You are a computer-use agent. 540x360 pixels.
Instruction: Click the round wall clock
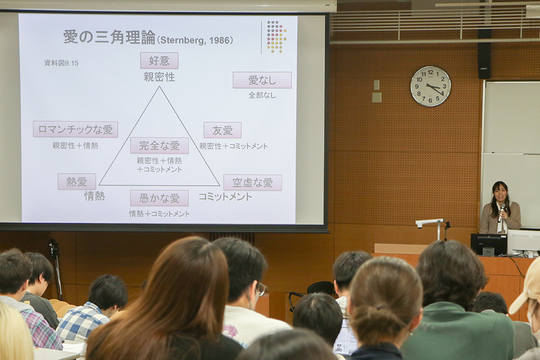tap(430, 86)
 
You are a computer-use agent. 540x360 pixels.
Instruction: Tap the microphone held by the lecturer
tap(501, 213)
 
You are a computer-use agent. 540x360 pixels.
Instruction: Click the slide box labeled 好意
tap(159, 61)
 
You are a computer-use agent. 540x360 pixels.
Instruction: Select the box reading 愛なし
tap(262, 80)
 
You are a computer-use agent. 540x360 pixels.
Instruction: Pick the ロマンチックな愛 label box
tap(75, 129)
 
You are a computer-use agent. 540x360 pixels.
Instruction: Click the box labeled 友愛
tap(223, 130)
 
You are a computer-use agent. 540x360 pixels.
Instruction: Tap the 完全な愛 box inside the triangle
tap(159, 145)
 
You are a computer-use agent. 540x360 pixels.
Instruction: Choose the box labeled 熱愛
tap(77, 182)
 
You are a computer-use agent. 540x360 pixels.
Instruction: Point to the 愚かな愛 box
tap(159, 198)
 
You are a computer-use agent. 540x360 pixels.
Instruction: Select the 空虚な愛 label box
tap(253, 183)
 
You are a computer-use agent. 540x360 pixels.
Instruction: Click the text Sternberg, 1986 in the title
tap(195, 40)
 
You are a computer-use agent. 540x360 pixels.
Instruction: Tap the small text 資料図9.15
tap(61, 63)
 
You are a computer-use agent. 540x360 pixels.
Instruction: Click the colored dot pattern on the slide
tap(276, 37)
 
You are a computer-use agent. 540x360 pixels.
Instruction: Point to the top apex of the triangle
tap(159, 87)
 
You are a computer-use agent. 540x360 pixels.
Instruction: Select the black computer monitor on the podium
tap(488, 245)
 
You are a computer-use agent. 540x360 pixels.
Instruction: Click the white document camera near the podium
tap(430, 227)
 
